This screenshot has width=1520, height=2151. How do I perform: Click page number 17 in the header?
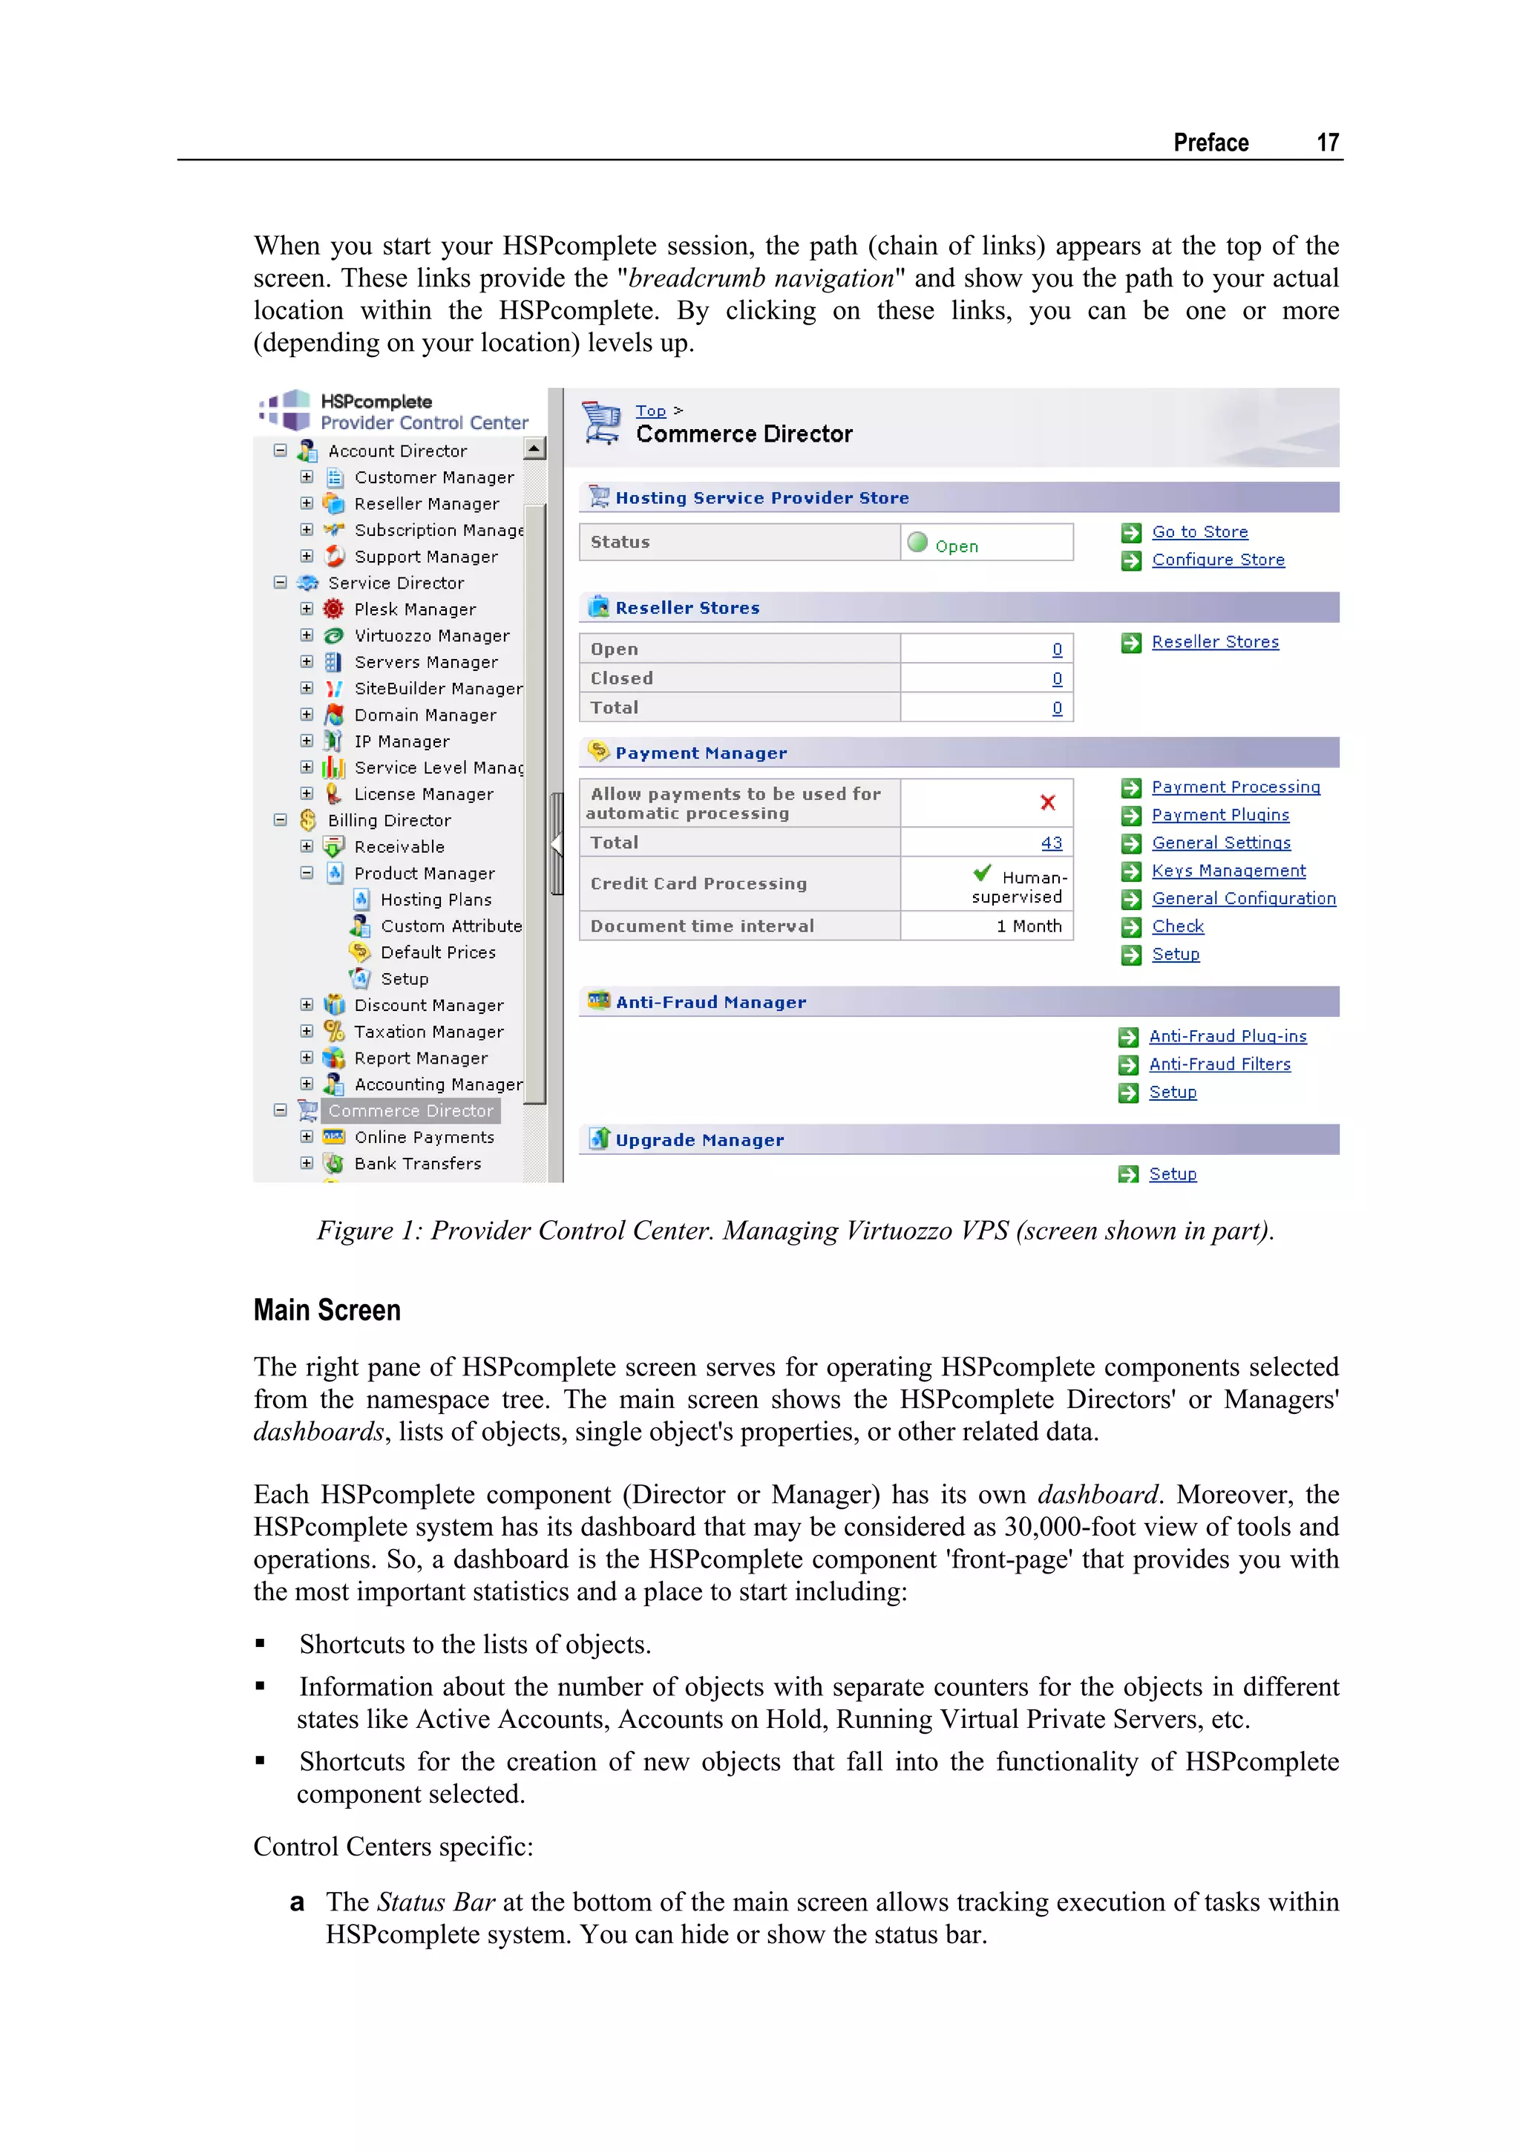pos(1326,143)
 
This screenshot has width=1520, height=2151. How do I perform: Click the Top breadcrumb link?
pos(650,410)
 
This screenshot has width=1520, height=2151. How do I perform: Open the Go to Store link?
pos(1199,532)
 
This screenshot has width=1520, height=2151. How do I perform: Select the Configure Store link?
pos(1217,560)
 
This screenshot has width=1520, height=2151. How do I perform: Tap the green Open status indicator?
pos(918,543)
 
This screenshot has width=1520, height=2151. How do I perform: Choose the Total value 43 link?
pos(1051,843)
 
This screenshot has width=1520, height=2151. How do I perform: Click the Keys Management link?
pos(1228,871)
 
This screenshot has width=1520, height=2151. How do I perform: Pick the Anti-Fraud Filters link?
pos(1219,1064)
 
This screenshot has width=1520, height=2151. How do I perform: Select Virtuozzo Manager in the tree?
pos(430,636)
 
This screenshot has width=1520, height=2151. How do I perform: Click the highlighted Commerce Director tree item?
pos(410,1111)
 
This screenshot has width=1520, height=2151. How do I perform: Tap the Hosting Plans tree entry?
pos(436,900)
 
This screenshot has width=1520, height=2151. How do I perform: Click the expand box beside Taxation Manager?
pos(307,1032)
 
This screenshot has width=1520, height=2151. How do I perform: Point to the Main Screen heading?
pos(327,1310)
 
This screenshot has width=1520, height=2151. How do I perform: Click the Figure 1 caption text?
pos(795,1231)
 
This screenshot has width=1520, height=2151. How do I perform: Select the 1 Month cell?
pos(1029,926)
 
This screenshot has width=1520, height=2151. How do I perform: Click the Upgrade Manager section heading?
pos(698,1140)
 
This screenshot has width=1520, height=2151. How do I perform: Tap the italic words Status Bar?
pos(436,1903)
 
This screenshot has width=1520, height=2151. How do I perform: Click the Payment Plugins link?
pos(1219,816)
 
